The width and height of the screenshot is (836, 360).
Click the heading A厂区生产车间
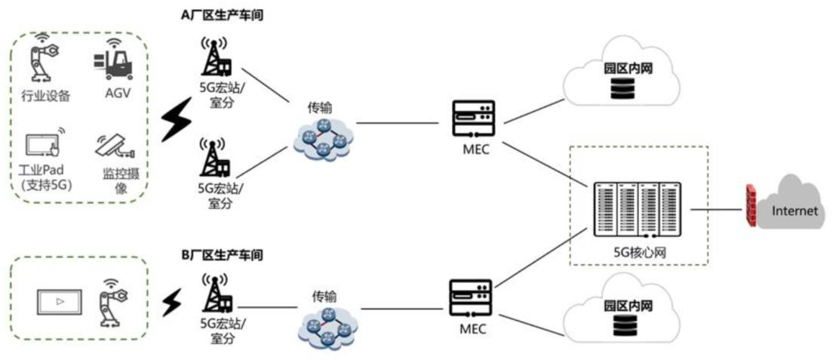coord(223,14)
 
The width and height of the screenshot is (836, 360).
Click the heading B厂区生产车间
coord(222,256)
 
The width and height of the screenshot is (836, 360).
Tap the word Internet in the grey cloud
coord(794,211)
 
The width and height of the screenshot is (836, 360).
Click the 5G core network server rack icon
coord(638,208)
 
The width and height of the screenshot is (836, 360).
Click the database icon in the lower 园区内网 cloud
coord(623,325)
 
